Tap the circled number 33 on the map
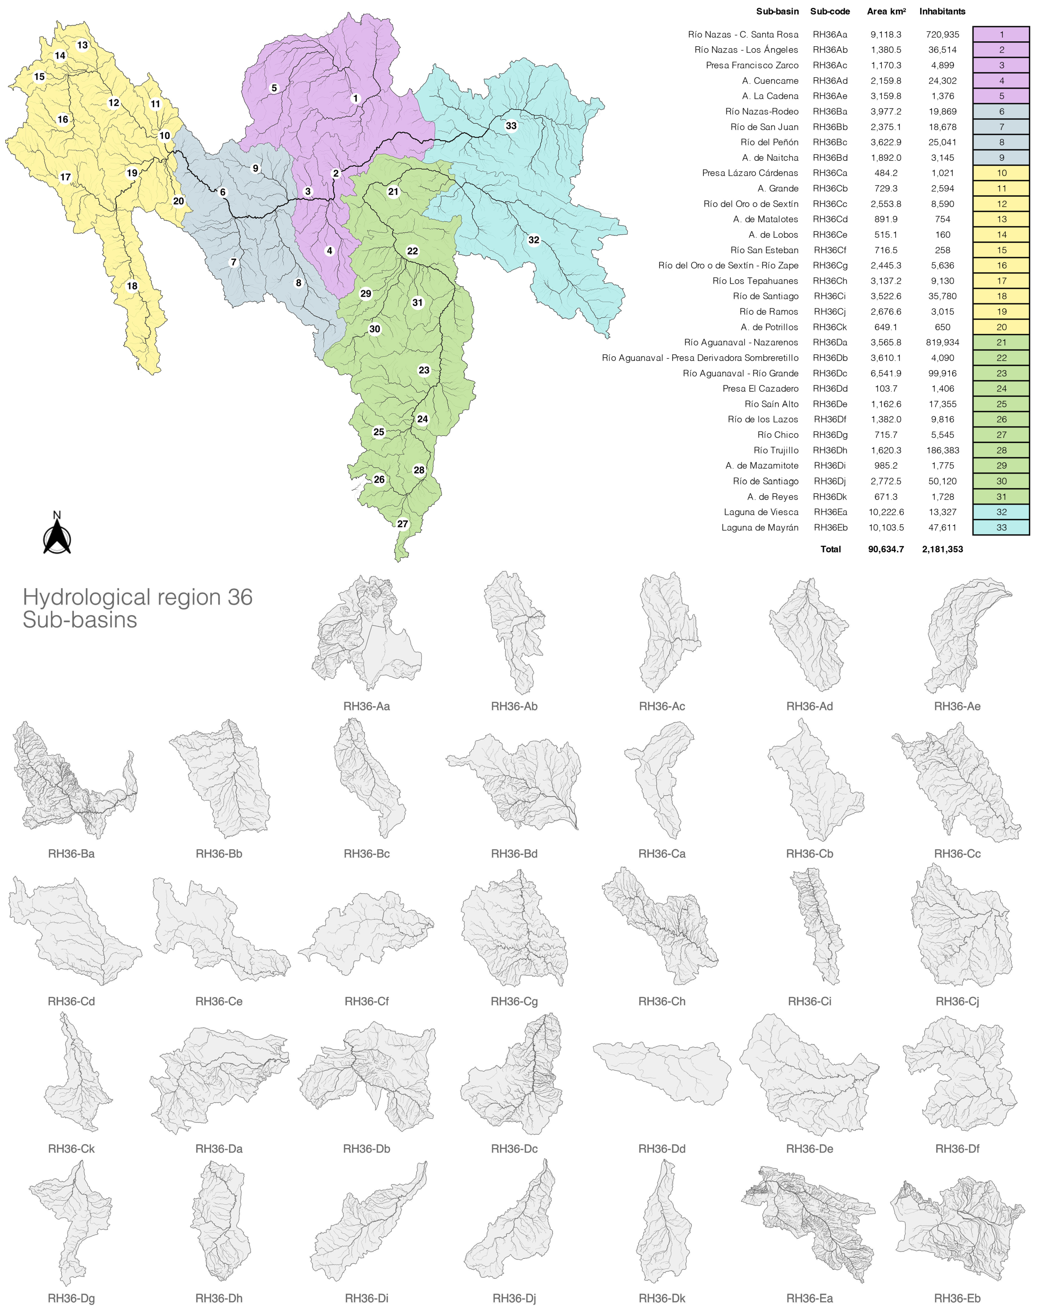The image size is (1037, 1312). click(511, 126)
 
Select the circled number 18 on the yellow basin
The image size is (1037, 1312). click(132, 286)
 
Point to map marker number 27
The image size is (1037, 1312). click(403, 524)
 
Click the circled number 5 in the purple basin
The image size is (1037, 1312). click(274, 88)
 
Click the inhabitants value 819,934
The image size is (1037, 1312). click(942, 343)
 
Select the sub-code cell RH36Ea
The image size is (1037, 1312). click(830, 512)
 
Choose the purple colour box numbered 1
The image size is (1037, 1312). click(1000, 35)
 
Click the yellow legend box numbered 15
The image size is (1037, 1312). click(1000, 250)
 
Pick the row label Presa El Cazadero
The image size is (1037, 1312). click(760, 389)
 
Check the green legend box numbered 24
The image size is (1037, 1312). click(1000, 389)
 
